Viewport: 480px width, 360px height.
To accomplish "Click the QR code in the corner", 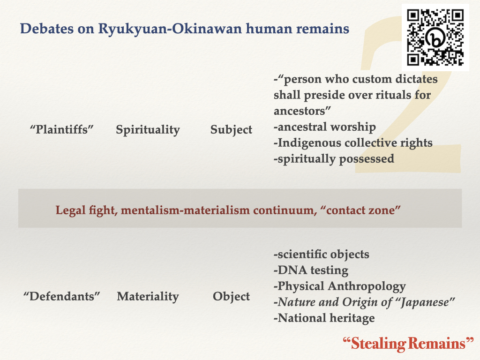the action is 435,37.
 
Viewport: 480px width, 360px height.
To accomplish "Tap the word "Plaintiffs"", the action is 61,129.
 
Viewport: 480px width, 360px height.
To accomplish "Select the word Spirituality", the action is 148,130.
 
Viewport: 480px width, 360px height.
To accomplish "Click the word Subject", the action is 231,130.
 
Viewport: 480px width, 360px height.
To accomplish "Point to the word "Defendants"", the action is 62,296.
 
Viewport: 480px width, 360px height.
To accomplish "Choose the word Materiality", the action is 148,297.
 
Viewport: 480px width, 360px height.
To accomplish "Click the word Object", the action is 231,297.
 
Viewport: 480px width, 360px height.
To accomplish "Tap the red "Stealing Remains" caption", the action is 408,344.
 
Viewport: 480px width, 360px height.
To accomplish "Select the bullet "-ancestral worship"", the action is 325,127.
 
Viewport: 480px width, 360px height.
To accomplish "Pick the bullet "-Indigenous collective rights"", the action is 353,143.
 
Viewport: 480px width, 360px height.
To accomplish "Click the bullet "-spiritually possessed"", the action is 334,159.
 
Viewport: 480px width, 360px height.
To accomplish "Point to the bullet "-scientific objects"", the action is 322,255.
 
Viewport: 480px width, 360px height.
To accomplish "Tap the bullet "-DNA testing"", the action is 311,270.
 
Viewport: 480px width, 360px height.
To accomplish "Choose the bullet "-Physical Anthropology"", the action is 340,286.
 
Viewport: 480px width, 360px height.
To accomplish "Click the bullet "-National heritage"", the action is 324,318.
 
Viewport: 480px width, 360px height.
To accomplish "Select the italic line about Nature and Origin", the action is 364,302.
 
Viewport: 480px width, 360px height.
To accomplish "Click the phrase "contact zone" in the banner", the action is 360,210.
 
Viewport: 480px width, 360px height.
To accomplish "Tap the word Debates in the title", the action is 47,29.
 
